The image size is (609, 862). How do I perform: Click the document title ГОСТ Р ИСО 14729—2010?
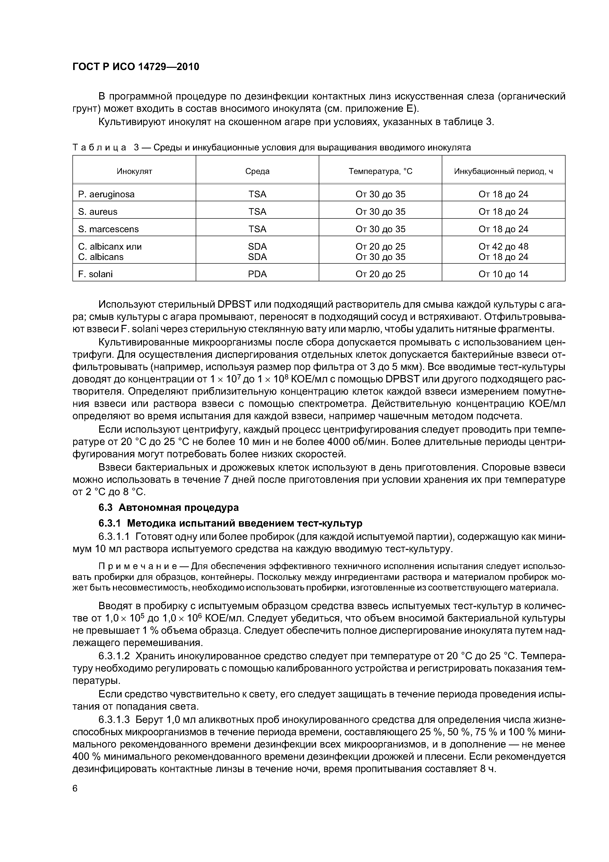point(136,67)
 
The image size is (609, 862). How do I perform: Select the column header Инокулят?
point(134,172)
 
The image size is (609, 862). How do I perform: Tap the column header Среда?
point(257,172)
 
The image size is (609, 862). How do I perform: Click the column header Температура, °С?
point(380,172)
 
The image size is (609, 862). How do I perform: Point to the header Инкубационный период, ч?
point(504,172)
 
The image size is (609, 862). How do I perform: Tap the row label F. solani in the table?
point(95,274)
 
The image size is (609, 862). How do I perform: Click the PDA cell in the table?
point(257,274)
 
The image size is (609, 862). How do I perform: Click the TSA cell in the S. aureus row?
point(257,212)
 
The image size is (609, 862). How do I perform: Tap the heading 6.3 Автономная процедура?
point(168,508)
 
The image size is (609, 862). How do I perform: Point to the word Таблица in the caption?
point(99,147)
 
